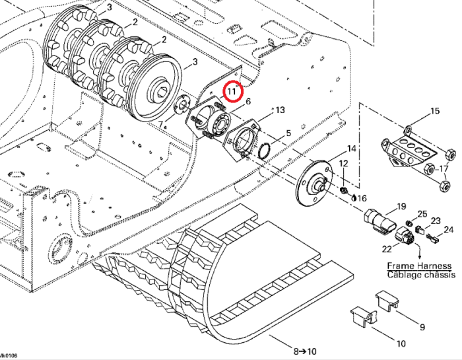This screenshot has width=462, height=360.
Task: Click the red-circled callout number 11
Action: click(232, 90)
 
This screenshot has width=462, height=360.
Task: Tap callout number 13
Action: click(280, 110)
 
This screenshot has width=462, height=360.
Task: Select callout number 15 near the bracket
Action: click(434, 111)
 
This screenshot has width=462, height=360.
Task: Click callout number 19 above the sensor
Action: click(401, 206)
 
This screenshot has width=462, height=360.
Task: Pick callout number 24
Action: click(449, 230)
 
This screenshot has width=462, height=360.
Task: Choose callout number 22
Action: click(387, 248)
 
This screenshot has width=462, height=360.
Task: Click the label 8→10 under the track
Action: click(304, 351)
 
